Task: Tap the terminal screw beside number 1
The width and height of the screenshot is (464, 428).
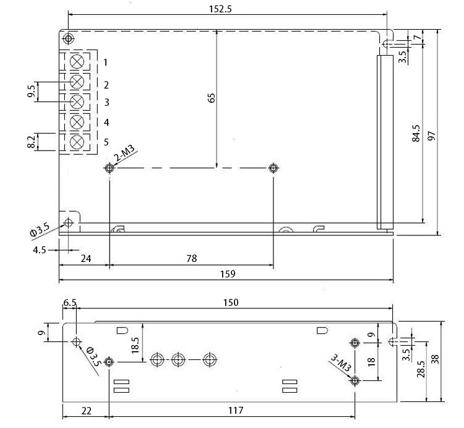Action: [x=77, y=62]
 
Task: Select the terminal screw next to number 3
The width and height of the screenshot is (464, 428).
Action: [x=77, y=102]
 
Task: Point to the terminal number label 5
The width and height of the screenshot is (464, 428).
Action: [x=106, y=142]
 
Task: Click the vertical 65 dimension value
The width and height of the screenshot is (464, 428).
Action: [x=211, y=97]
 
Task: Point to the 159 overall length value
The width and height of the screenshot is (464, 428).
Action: [x=226, y=273]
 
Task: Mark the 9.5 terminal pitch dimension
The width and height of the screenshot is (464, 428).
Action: [x=31, y=92]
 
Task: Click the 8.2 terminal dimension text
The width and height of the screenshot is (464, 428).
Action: [x=31, y=142]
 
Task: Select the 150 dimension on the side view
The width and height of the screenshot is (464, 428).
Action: [x=230, y=302]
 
